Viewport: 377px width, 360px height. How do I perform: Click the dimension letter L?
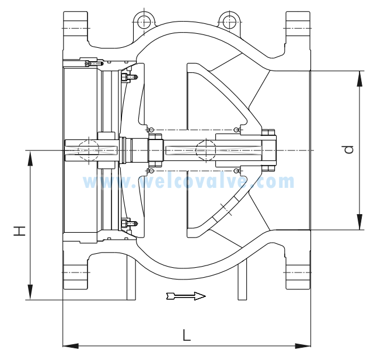[187, 335]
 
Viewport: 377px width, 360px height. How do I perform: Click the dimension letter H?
[19, 230]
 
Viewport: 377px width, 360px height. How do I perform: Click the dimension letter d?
[348, 149]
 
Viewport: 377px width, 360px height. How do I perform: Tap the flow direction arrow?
[186, 296]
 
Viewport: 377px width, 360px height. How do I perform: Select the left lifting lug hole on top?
[144, 22]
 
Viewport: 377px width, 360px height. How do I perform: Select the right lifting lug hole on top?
[229, 22]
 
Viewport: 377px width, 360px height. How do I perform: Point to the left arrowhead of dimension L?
[71, 346]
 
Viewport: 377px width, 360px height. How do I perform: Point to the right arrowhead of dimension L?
[303, 346]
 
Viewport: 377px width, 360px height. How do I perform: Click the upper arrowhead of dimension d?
[359, 79]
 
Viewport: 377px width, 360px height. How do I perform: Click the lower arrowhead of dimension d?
[359, 222]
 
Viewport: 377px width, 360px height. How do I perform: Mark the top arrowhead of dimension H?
[30, 158]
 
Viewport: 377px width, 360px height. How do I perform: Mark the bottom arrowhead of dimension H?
[30, 292]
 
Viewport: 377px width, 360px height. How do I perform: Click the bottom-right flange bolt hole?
[298, 272]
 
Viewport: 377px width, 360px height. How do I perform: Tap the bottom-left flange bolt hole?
[75, 272]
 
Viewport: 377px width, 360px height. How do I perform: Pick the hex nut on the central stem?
[156, 151]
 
